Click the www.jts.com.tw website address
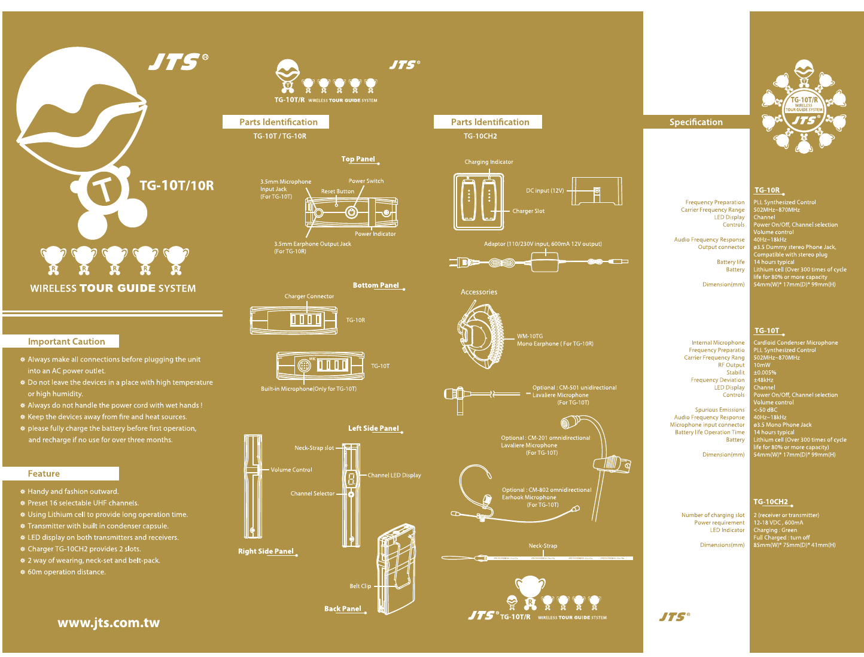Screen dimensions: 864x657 (108, 623)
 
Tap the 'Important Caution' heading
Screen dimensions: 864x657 (66, 342)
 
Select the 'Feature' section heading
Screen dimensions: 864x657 (44, 474)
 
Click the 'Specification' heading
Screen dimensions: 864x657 (696, 122)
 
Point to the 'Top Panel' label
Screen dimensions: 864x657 (358, 159)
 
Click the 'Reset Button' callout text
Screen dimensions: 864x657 (337, 191)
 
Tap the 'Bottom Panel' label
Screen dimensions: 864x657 (376, 285)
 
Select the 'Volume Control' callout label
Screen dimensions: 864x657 (291, 470)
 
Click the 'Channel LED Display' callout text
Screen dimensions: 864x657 (394, 475)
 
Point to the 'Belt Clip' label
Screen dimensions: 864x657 (360, 586)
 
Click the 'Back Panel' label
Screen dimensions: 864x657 (343, 609)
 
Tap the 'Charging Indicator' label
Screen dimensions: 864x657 (489, 162)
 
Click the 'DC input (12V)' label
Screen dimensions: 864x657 (544, 191)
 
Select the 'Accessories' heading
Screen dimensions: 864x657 (479, 292)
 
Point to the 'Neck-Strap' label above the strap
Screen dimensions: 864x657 (543, 546)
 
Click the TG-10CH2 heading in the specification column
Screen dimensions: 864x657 (771, 501)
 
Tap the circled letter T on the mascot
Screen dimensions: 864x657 (104, 190)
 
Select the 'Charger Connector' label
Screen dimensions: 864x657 (309, 296)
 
